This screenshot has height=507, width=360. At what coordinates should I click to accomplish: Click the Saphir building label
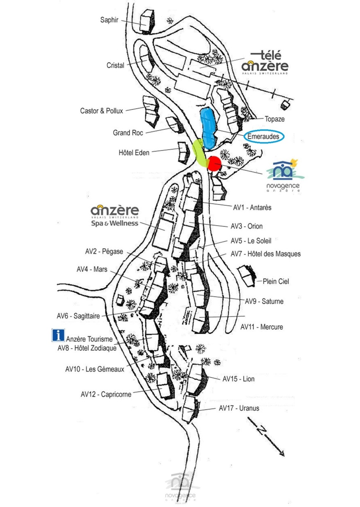109,20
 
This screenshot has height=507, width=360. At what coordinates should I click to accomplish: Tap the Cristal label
115,65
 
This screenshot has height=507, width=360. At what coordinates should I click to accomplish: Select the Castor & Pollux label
101,111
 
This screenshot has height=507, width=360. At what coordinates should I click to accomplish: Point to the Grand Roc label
128,132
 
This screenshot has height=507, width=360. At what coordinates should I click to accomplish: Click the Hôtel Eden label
134,153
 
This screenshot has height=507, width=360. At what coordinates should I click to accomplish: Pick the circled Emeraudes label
264,137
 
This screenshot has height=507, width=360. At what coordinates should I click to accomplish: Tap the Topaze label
274,119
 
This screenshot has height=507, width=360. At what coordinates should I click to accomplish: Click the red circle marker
214,164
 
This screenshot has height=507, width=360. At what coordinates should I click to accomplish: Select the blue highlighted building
208,128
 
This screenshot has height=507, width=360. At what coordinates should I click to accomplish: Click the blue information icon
58,335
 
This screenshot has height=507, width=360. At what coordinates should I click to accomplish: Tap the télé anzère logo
265,63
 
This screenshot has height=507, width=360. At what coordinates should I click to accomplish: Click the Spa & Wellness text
115,223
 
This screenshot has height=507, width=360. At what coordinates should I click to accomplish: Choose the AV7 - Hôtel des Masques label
265,254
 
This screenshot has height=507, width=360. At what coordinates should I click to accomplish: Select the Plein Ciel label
276,281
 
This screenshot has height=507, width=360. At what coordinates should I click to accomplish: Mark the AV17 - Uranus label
239,408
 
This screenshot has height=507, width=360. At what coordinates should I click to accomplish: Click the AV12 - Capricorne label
106,394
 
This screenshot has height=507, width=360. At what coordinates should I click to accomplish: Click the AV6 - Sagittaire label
78,316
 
